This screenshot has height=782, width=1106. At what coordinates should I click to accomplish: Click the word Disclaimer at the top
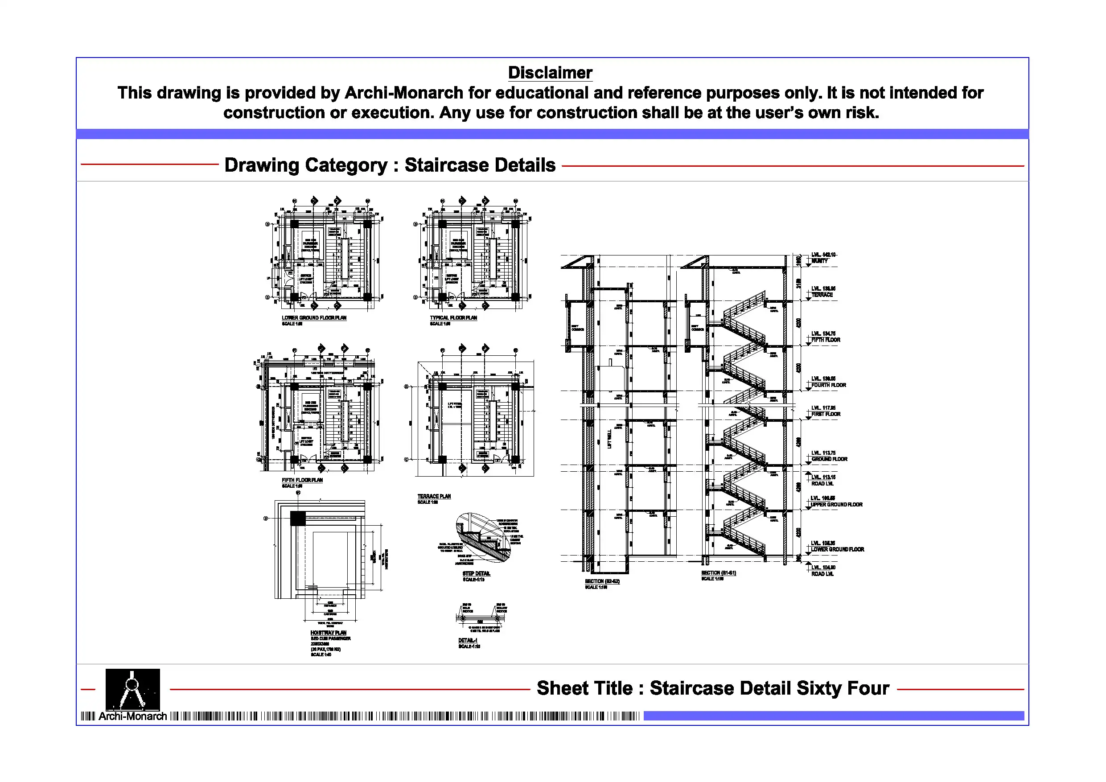click(550, 73)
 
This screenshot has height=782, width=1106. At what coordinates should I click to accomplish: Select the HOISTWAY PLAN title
click(328, 633)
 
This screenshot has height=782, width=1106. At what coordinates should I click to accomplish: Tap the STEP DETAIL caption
click(476, 573)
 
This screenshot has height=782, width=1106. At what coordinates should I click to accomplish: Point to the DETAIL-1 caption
click(467, 640)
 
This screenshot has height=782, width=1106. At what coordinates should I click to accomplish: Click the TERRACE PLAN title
click(434, 496)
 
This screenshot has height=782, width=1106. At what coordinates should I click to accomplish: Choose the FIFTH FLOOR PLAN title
click(302, 480)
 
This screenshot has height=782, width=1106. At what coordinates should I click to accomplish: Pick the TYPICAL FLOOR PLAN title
click(453, 318)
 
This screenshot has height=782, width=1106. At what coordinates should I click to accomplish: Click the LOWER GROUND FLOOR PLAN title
click(314, 318)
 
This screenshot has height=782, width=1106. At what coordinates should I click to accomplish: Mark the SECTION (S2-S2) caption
click(602, 581)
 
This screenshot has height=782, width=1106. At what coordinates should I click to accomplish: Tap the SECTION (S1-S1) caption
click(718, 573)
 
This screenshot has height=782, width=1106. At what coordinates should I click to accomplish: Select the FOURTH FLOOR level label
click(828, 385)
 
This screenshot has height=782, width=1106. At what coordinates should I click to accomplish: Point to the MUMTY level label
click(819, 261)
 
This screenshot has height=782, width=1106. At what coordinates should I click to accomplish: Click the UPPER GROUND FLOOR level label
click(836, 505)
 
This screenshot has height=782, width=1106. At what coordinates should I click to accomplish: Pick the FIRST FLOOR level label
click(826, 414)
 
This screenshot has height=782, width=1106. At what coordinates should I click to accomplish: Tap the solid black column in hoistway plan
click(298, 519)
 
